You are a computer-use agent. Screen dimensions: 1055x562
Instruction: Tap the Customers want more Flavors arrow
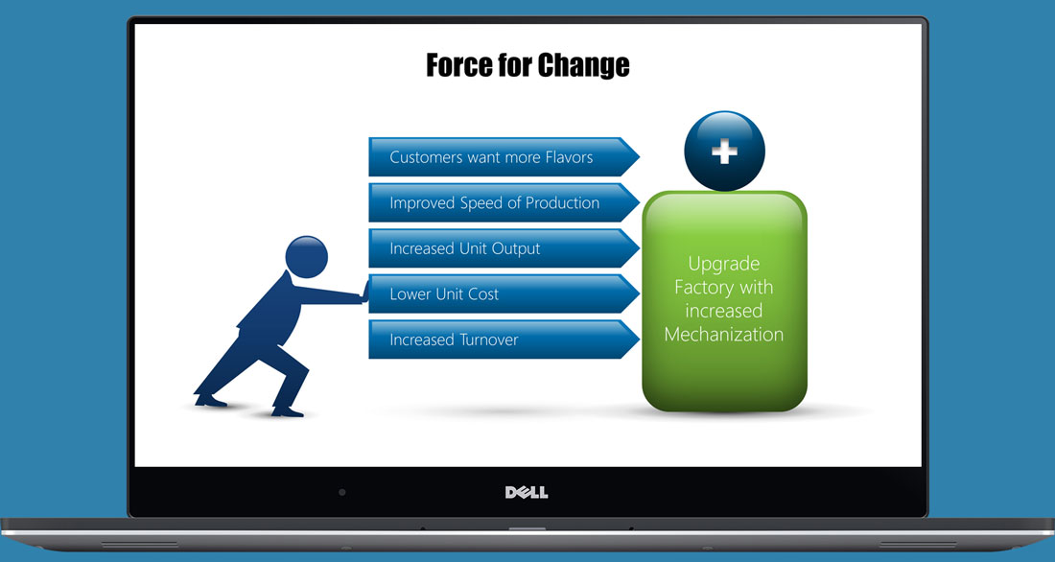(504, 157)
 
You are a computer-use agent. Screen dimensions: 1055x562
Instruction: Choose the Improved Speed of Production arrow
(504, 202)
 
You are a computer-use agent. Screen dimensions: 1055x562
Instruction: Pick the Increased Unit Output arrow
(504, 248)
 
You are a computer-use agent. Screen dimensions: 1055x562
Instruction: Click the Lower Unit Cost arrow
(504, 294)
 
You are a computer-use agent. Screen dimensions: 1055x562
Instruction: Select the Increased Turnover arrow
(504, 340)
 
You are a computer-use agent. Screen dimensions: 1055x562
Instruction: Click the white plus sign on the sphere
(725, 152)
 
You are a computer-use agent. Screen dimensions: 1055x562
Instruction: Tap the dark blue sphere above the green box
(725, 152)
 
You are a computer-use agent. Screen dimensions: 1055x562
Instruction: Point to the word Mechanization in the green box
(724, 335)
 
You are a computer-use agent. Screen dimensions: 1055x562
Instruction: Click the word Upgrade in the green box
(724, 265)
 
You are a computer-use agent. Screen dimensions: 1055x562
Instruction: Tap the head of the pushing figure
(306, 257)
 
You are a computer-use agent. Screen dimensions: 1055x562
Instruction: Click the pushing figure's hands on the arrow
(365, 293)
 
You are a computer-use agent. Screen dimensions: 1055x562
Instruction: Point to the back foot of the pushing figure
(210, 401)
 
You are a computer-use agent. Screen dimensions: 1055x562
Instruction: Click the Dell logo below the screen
(527, 493)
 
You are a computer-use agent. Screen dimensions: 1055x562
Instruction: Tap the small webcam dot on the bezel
(341, 493)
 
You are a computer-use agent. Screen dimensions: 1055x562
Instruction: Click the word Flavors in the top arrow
(569, 157)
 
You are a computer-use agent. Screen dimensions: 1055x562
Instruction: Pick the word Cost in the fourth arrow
(483, 294)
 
